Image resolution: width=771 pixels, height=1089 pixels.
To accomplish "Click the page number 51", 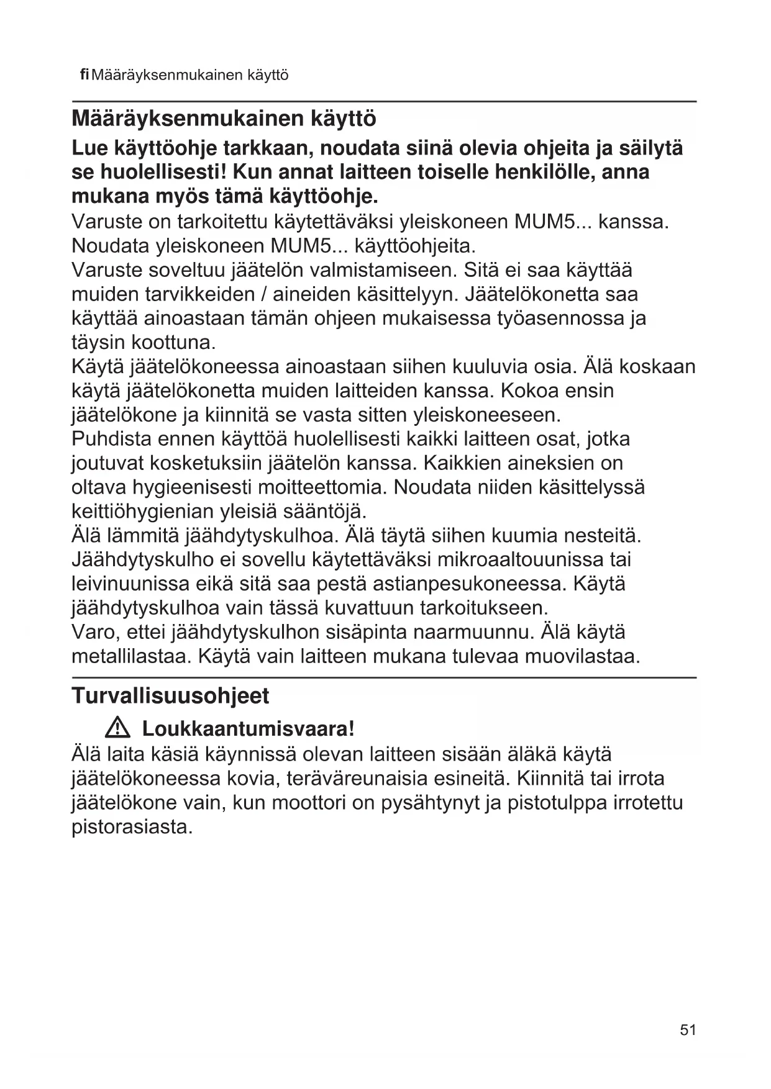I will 688,1030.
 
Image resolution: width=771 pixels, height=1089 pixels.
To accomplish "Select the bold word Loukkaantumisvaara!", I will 249,728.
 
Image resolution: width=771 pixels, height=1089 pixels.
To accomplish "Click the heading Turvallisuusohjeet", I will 170,696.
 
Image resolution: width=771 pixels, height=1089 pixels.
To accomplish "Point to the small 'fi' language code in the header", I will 85,75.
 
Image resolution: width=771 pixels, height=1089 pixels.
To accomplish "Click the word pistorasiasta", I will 132,827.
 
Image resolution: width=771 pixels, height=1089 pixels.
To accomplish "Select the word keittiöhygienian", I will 143,512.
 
